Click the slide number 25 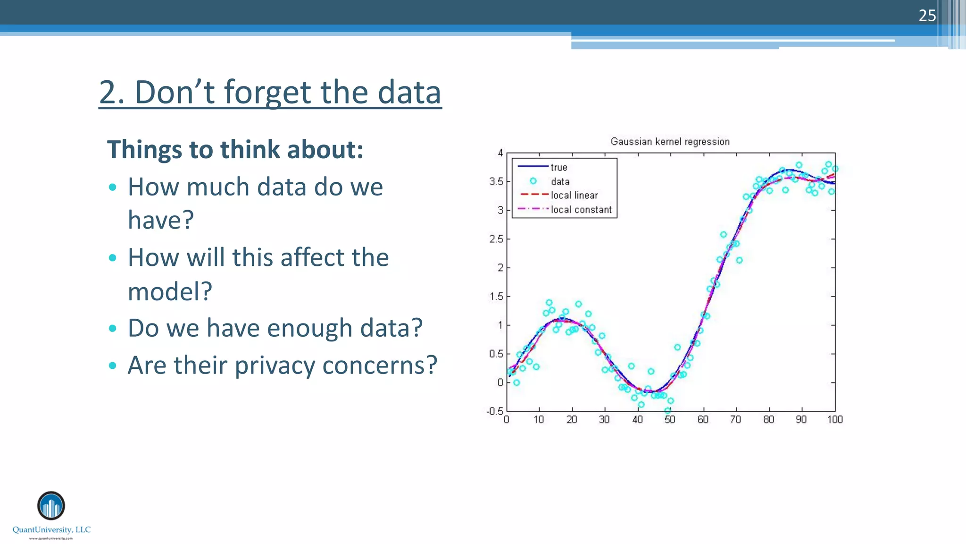click(927, 16)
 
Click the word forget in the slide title click(268, 92)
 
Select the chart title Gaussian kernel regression click(670, 142)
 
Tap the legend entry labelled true click(559, 167)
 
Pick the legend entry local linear click(574, 195)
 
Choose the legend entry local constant click(581, 210)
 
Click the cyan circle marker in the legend click(533, 181)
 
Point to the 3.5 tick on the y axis click(496, 182)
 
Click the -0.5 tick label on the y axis click(495, 411)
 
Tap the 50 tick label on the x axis click(670, 419)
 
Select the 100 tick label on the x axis click(834, 419)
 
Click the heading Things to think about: click(235, 150)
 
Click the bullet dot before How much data click(112, 187)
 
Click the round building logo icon click(51, 506)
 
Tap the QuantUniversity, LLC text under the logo click(51, 529)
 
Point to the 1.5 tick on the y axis click(496, 297)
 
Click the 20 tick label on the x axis click(572, 419)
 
